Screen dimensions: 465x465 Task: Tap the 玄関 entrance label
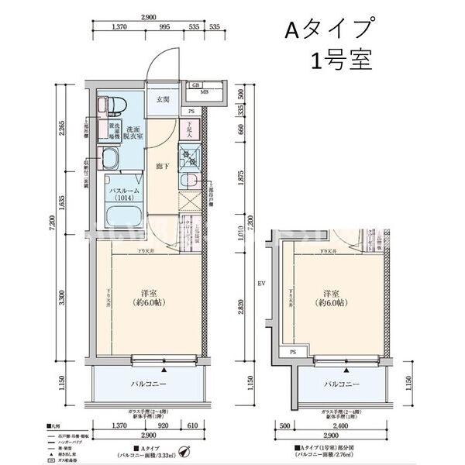[163, 100]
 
